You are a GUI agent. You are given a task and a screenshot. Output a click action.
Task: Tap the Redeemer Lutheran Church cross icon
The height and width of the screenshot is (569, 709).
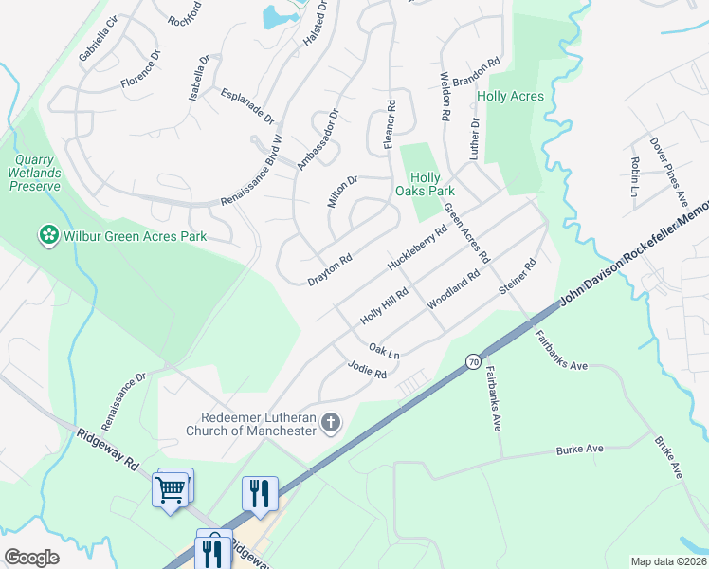(x=330, y=422)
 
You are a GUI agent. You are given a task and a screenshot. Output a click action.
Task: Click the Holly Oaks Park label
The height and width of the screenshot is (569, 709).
(x=425, y=184)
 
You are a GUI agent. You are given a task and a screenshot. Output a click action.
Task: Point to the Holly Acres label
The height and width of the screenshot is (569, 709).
(x=510, y=97)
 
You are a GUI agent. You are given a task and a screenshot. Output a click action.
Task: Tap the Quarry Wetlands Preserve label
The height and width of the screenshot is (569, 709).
(x=35, y=173)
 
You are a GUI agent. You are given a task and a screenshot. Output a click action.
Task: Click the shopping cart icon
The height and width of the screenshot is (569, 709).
(x=171, y=489)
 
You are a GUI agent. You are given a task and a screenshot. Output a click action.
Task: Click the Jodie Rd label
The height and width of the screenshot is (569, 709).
(x=367, y=370)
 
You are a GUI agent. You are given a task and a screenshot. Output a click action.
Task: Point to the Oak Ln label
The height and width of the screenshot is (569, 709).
(x=384, y=351)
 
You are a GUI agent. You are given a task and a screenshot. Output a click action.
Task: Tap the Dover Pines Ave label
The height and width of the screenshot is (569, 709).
(x=668, y=171)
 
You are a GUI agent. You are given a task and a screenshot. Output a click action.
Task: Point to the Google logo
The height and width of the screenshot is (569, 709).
(x=31, y=558)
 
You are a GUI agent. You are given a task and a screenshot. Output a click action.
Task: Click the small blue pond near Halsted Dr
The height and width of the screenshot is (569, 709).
(x=276, y=17)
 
